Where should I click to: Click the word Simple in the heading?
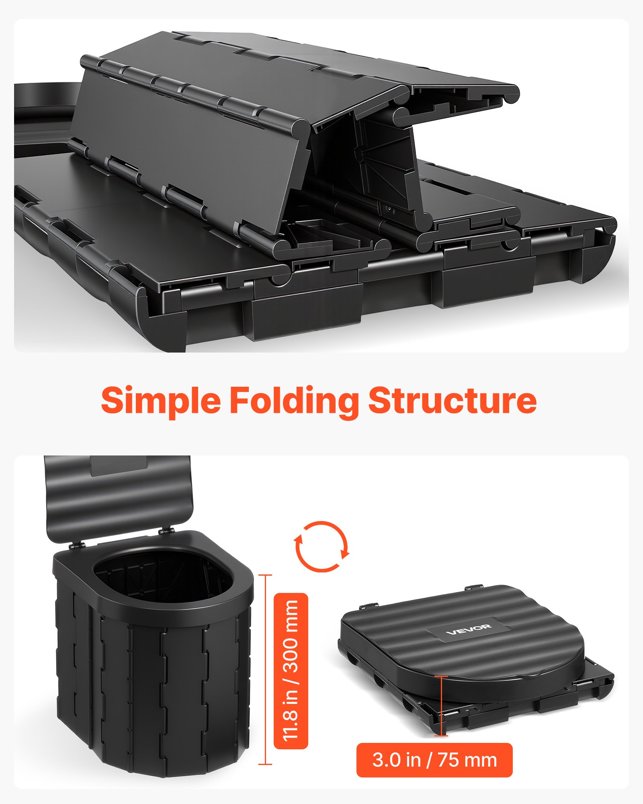click(161, 401)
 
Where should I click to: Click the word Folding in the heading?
click(294, 401)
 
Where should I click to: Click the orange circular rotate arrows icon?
click(322, 546)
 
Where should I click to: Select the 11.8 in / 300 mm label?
click(291, 671)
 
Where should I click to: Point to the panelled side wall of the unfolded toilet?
click(153, 683)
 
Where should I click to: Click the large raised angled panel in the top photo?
click(189, 149)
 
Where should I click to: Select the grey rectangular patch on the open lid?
click(119, 466)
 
